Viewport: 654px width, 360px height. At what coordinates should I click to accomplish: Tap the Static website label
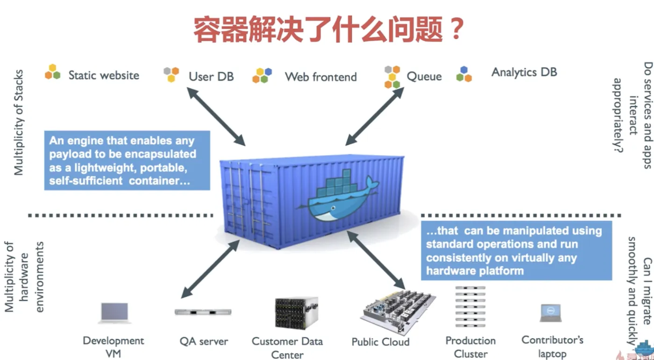tap(104, 75)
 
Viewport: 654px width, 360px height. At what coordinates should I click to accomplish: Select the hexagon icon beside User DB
tap(171, 74)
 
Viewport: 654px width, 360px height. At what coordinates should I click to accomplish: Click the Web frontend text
tap(321, 77)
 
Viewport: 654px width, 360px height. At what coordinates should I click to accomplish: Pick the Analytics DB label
tap(524, 72)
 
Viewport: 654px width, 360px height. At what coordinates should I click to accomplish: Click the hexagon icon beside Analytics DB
tap(464, 74)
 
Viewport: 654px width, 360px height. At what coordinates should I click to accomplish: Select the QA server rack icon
tap(203, 312)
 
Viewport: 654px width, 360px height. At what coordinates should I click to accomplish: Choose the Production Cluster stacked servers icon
tap(471, 306)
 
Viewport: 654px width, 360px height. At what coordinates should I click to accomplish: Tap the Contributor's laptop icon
tap(551, 312)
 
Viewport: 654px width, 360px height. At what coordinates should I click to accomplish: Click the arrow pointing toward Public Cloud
tap(376, 259)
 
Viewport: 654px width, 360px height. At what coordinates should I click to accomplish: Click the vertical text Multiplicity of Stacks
tap(19, 122)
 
